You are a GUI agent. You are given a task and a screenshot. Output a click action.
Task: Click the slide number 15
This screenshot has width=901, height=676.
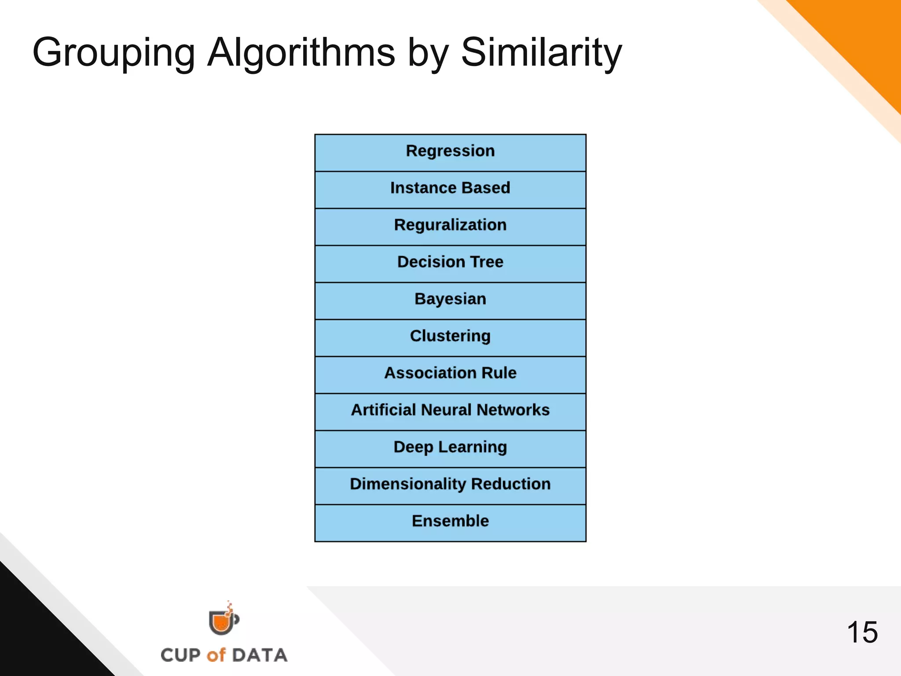[x=862, y=632]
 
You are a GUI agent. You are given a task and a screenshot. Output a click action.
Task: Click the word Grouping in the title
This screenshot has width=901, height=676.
[x=114, y=53]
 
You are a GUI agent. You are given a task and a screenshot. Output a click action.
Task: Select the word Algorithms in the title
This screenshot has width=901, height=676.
[x=301, y=53]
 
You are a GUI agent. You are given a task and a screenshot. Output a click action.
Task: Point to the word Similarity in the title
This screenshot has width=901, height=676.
[x=541, y=53]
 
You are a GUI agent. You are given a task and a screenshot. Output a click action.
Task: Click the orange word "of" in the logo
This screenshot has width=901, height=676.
[x=216, y=655]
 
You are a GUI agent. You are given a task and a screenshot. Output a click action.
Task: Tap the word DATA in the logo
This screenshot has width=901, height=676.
[x=260, y=655]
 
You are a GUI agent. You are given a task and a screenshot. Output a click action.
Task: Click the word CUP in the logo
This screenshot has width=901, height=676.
[x=180, y=655]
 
